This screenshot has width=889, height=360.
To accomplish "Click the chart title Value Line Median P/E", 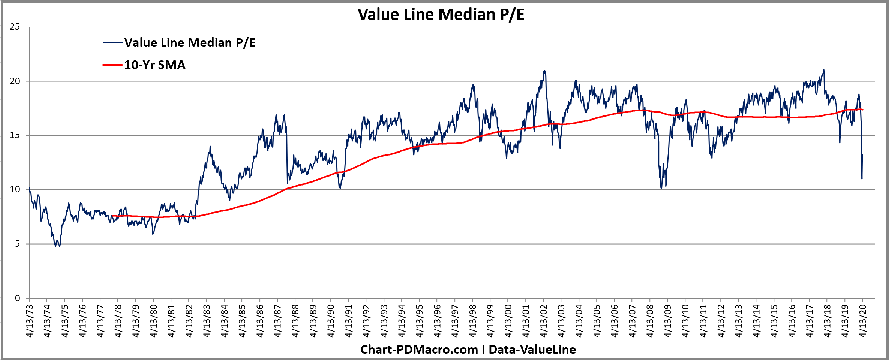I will (441, 15).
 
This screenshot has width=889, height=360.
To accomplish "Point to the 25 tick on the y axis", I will (15, 27).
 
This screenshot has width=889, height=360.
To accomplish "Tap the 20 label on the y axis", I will (15, 81).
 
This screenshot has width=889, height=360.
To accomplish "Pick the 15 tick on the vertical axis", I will (15, 135).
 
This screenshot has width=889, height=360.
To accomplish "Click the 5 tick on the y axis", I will (17, 244).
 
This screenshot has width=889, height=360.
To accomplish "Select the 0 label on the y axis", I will (17, 298).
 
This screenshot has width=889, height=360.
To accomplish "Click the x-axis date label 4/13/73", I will (30, 321).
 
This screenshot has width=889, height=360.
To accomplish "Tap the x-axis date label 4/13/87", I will (278, 321).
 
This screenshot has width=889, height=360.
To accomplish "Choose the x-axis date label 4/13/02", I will (544, 321).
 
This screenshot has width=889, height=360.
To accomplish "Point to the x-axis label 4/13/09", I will (668, 321).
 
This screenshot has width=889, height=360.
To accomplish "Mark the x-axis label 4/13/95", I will (420, 321).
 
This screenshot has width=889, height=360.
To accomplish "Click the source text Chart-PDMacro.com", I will (419, 349).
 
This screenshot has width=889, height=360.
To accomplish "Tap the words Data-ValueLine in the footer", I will (532, 349).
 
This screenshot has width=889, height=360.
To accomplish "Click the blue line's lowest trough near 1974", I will (59, 246).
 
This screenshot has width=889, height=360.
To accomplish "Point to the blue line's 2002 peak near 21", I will (544, 71).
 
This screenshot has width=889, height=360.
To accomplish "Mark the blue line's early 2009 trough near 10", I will (661, 188).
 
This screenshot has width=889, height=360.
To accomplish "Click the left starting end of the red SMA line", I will (112, 216).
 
